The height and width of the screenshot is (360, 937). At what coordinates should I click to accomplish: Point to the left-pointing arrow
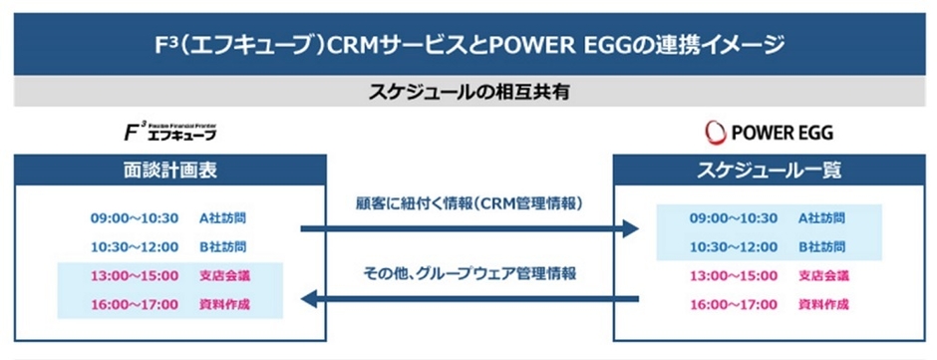[468, 296]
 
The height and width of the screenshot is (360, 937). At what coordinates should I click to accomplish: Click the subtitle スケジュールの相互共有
[468, 92]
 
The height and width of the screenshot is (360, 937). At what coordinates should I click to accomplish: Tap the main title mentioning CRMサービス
[468, 45]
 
